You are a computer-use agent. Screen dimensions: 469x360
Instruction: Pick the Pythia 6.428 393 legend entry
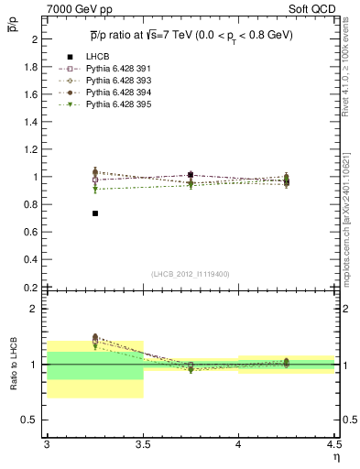pyautogui.click(x=115, y=82)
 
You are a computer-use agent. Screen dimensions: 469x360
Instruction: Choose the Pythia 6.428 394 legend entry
pyautogui.click(x=115, y=93)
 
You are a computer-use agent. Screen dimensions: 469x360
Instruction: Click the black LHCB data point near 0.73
pyautogui.click(x=94, y=213)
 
